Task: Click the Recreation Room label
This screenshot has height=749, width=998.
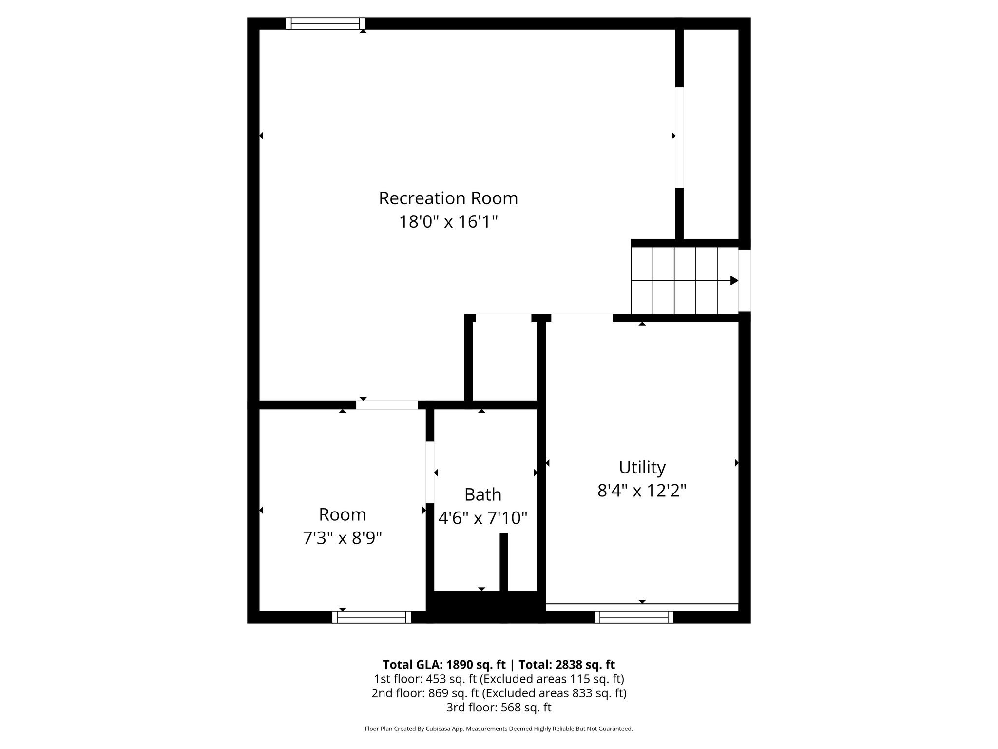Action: pos(448,198)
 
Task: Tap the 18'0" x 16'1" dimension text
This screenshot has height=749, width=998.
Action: pos(448,222)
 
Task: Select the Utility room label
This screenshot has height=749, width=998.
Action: pos(642,467)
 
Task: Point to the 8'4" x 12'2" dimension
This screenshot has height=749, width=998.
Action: pos(642,491)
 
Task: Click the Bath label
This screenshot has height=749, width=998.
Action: pos(482,494)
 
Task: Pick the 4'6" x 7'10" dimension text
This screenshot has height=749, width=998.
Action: pos(482,518)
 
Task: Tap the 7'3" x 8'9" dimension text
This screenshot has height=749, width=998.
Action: pos(342,538)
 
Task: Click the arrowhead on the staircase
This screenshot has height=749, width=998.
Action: pos(734,281)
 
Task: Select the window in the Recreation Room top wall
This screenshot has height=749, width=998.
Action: pos(325,23)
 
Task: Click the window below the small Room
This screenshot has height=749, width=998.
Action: pos(372,617)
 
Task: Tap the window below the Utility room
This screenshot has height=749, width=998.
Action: pos(634,617)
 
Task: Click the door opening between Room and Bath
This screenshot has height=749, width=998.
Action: pos(430,472)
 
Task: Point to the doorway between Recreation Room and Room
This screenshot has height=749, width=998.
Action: pos(387,405)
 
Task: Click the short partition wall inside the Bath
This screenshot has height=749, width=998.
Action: pos(504,562)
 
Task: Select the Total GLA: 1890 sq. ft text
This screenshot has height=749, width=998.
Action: pos(444,665)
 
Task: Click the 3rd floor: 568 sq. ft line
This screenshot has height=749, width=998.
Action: pos(499,707)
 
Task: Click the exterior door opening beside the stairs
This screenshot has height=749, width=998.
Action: pos(745,280)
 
